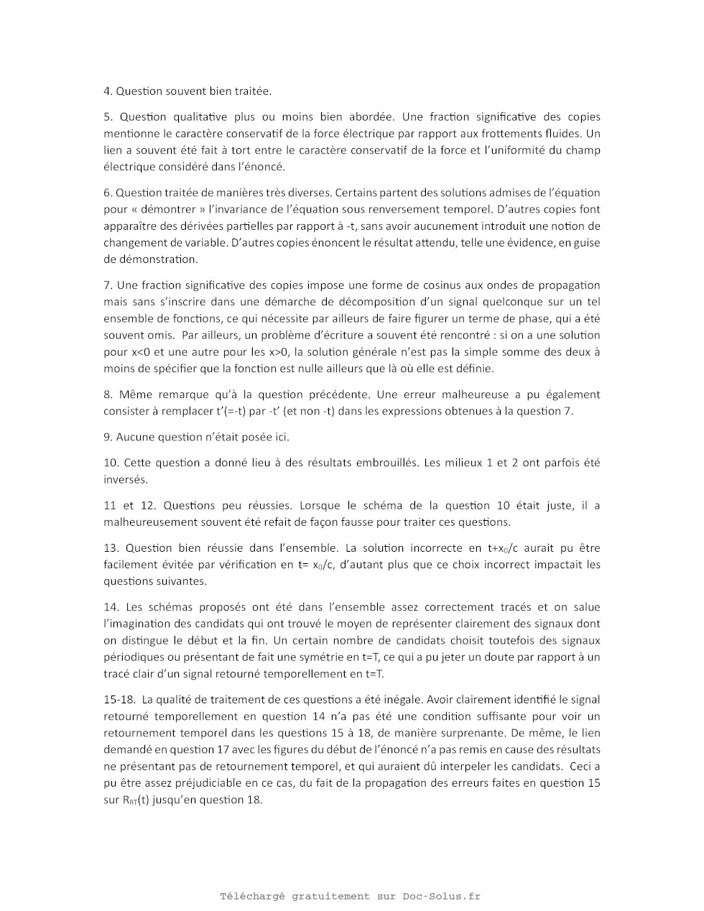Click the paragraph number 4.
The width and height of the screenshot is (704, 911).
tap(108, 91)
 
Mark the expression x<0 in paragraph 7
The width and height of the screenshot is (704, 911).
tap(137, 352)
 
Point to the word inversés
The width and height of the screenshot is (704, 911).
tap(125, 479)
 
